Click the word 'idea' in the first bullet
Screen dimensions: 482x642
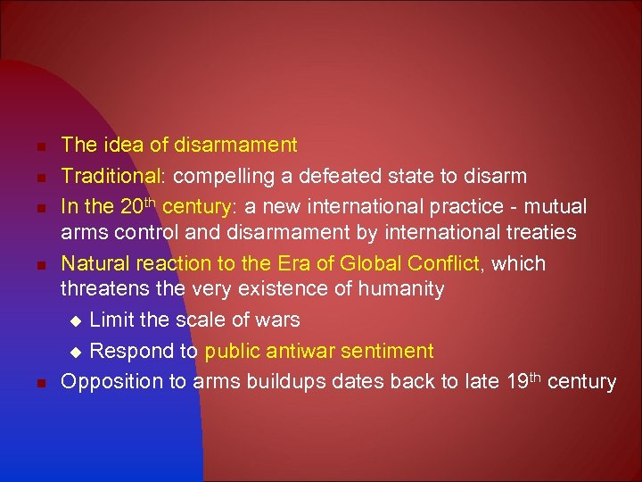click(x=118, y=145)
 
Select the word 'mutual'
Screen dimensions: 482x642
click(x=558, y=207)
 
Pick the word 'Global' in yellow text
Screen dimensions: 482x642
click(x=368, y=264)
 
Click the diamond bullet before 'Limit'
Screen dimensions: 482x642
click(x=76, y=320)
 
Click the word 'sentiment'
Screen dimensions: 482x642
click(x=390, y=352)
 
